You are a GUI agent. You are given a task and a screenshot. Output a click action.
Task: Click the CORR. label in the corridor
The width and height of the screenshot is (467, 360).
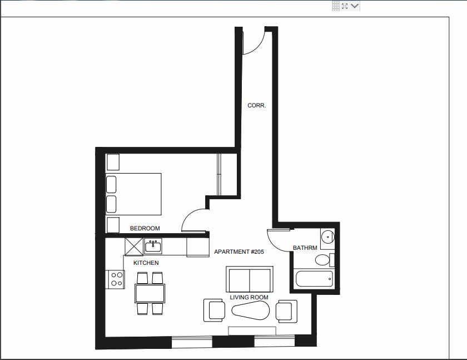pos(256,105)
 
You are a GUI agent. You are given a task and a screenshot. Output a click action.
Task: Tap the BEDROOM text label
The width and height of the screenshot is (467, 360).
pos(145,228)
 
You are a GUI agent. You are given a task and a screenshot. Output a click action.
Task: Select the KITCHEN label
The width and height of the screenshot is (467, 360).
pos(146,263)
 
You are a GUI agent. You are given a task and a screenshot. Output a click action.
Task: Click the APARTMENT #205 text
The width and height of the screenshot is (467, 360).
pos(239,252)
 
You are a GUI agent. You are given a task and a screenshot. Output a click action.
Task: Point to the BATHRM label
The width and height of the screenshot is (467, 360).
pos(305,248)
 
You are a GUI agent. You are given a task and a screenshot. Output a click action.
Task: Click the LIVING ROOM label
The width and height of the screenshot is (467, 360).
pos(249,297)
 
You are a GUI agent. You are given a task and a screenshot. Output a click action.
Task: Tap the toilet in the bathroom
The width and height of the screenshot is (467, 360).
pos(322,260)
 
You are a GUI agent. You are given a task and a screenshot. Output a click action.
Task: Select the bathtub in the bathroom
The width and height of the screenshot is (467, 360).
pos(314,278)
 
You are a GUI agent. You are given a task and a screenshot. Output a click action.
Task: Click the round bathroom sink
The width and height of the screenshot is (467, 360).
pos(328,238)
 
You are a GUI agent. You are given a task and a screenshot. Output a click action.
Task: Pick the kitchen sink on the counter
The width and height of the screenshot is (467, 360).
pos(152,245)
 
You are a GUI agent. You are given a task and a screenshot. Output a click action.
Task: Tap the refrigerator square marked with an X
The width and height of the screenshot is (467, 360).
pos(134,246)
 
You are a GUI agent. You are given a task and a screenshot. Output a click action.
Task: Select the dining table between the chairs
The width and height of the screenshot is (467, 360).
pos(150,293)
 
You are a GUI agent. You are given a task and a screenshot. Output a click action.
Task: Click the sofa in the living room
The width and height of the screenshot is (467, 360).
pos(249,279)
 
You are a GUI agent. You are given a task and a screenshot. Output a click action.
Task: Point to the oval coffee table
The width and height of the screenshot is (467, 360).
pos(250,311)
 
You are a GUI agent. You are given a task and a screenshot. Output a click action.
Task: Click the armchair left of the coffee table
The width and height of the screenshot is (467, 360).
pos(215,310)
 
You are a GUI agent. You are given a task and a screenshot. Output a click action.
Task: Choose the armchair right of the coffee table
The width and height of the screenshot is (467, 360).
pos(286,310)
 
